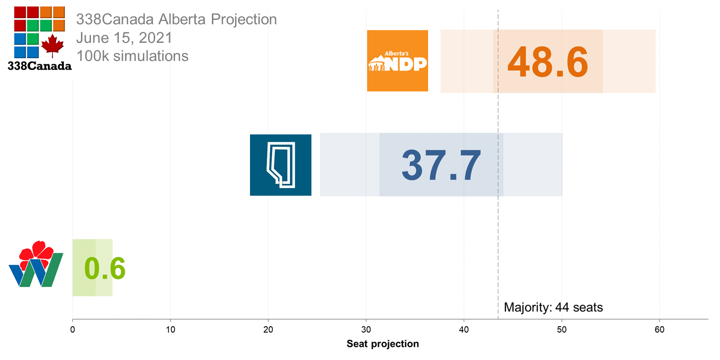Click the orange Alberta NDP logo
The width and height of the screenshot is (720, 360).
click(398, 60)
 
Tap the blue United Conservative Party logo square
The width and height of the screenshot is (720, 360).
click(280, 165)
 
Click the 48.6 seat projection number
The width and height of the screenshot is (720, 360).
click(548, 62)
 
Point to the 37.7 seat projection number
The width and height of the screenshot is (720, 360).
click(441, 165)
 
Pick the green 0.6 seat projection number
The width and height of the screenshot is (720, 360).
click(105, 269)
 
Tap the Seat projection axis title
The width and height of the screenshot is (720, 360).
click(382, 344)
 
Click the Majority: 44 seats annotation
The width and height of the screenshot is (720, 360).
click(553, 307)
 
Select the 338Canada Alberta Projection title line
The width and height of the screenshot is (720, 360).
click(177, 20)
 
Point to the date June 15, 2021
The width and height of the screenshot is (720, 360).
click(124, 38)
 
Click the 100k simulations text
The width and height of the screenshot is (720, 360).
click(132, 56)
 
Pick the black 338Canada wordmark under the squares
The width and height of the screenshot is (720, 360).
click(40, 66)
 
